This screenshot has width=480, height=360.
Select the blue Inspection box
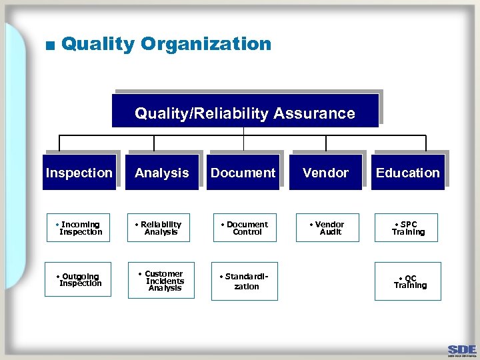point(79,173)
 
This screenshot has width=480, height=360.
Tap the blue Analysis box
point(161,173)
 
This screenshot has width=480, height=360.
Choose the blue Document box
point(243,173)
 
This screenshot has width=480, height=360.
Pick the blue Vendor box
point(325,173)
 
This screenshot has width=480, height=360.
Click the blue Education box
point(407,173)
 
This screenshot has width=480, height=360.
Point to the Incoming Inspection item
point(78,228)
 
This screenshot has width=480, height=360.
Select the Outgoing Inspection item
point(78,280)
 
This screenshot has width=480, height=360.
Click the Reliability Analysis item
point(161,228)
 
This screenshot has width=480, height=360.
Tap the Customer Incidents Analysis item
point(161,281)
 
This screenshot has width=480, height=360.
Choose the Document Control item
point(245,228)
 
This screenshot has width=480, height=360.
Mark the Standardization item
point(245,281)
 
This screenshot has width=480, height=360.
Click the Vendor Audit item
point(327,228)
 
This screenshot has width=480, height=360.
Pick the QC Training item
point(408,281)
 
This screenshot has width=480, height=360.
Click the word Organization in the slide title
point(207,44)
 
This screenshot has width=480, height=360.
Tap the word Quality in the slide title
point(98,44)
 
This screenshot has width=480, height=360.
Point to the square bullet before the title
point(49,46)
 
